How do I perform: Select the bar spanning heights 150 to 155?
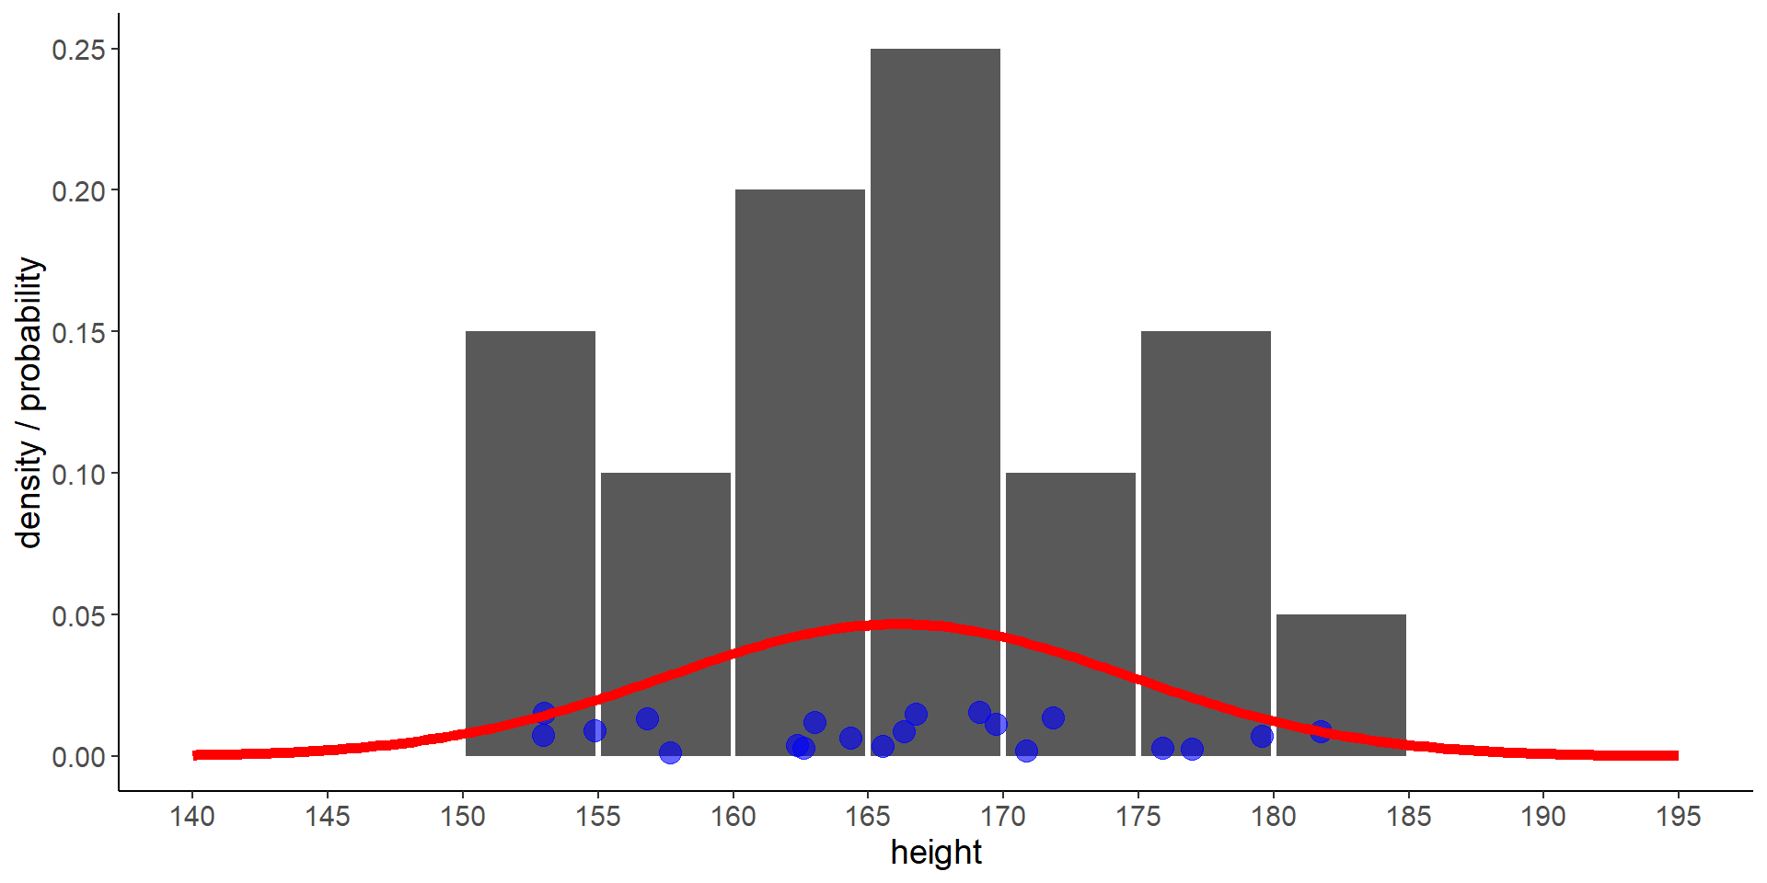tap(530, 515)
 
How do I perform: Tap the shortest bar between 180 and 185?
tap(1341, 671)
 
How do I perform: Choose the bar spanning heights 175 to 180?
tap(1206, 515)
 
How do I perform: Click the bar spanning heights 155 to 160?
tap(665, 589)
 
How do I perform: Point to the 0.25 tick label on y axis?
tap(79, 50)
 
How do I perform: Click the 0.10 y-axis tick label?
tap(79, 474)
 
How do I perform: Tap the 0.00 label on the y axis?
tap(79, 757)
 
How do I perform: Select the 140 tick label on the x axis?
tap(192, 816)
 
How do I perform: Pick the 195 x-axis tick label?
tap(1679, 816)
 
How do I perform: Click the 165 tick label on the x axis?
tap(868, 816)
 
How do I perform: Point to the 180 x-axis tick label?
tap(1273, 816)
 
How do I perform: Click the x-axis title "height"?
tap(936, 853)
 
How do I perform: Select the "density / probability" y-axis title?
tap(30, 402)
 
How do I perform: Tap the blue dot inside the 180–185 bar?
tap(1321, 731)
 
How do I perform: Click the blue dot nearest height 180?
tap(1262, 736)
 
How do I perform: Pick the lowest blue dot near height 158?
tap(670, 752)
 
